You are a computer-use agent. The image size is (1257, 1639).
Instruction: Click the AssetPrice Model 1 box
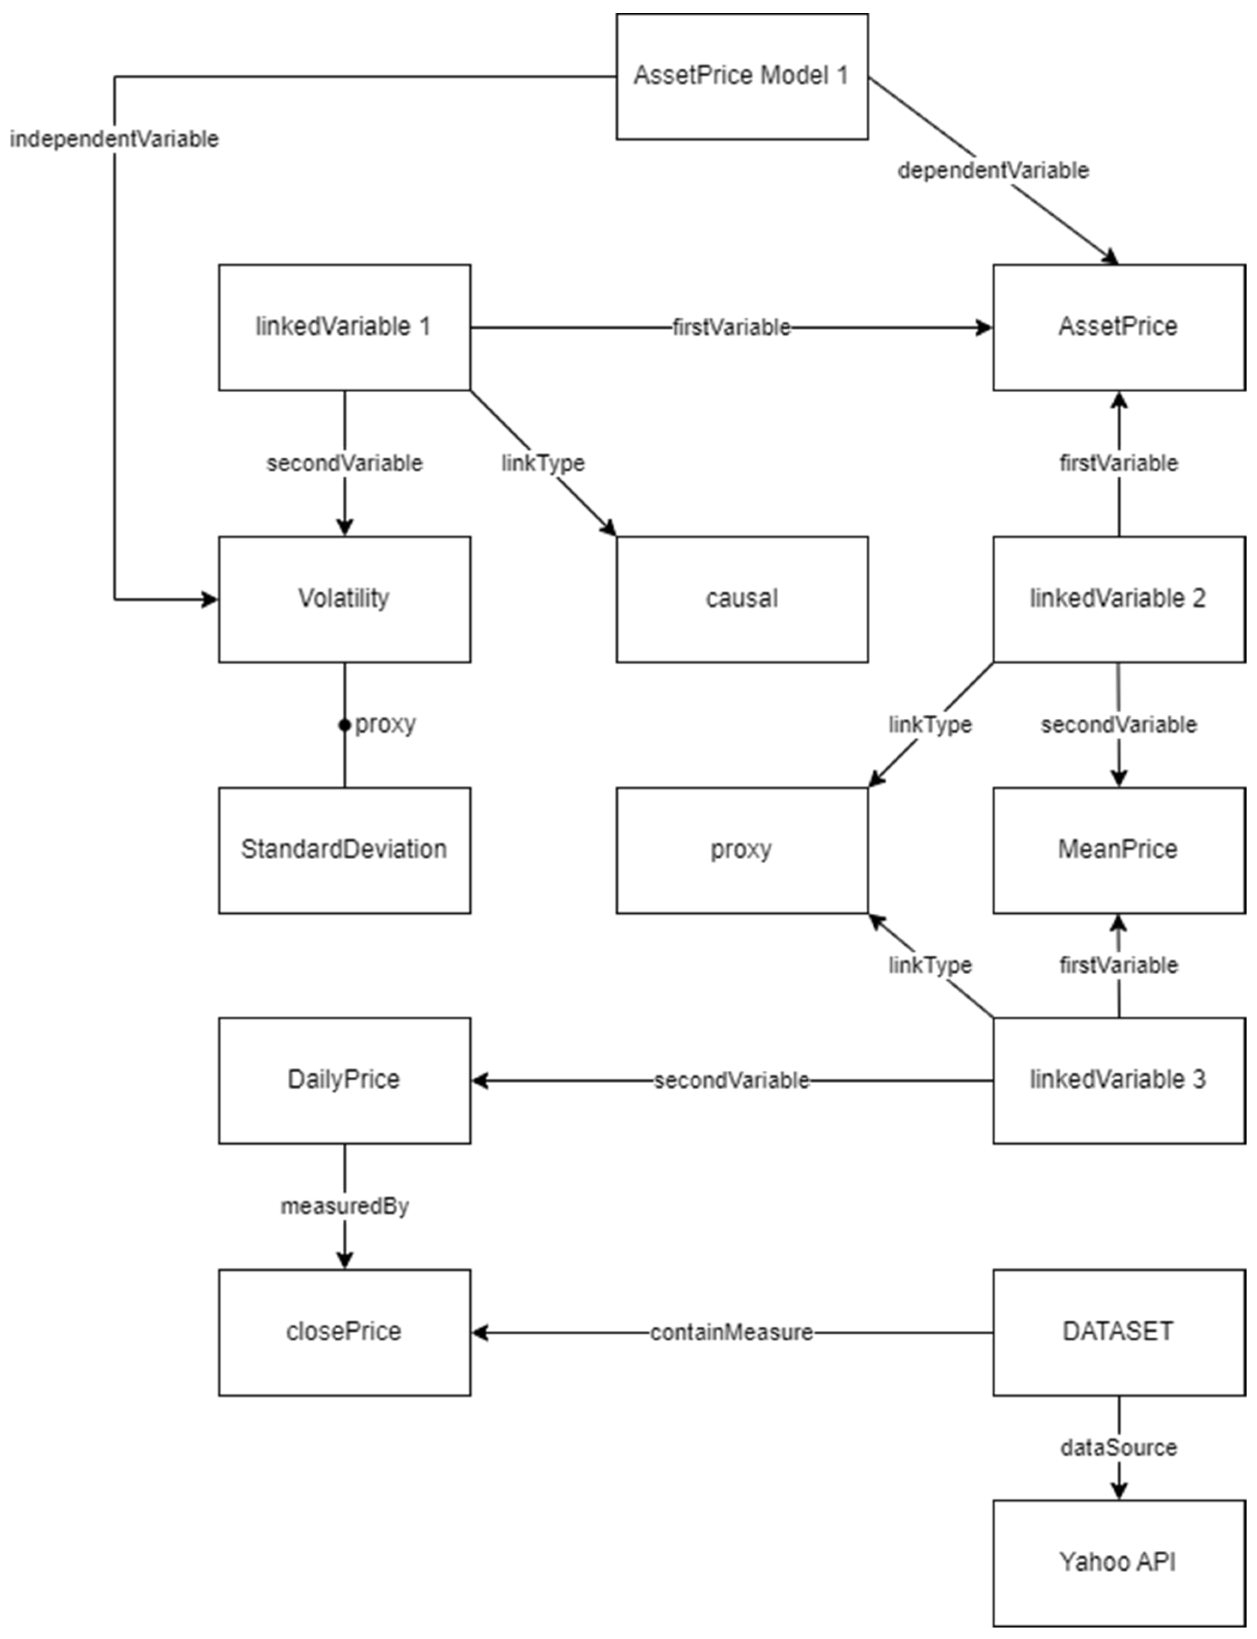(x=741, y=76)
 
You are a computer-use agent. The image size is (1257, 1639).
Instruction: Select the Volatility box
(x=344, y=599)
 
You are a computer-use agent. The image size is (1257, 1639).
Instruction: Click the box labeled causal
(x=741, y=599)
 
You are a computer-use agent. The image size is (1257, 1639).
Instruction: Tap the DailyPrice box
(x=344, y=1080)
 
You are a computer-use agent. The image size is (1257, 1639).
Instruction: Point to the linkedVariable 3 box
(x=1118, y=1080)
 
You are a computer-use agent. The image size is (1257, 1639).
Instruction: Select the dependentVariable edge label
(x=993, y=171)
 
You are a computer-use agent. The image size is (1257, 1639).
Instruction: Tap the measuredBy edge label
(x=344, y=1206)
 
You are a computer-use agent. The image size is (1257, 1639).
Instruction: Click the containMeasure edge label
(x=731, y=1332)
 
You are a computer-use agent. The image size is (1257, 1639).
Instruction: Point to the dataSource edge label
(x=1118, y=1448)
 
